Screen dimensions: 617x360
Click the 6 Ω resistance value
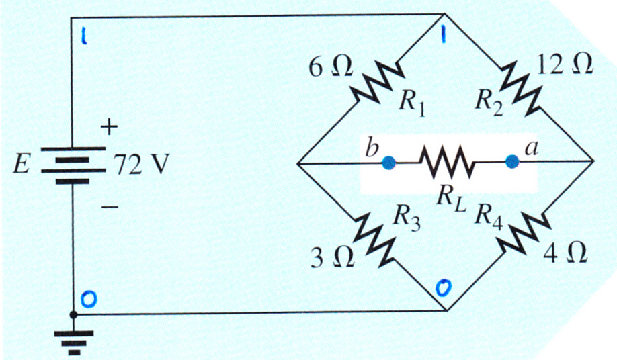click(331, 68)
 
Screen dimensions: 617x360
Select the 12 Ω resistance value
click(563, 65)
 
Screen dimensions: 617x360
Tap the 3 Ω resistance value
click(332, 257)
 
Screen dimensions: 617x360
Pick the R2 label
click(489, 102)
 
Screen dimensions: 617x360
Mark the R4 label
click(489, 216)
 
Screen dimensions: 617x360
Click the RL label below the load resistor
click(452, 200)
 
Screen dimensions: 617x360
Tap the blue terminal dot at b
click(388, 163)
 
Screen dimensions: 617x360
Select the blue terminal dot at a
click(511, 161)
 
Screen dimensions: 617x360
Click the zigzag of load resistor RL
click(446, 162)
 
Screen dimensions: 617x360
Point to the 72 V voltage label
click(141, 165)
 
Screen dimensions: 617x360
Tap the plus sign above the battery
click(109, 128)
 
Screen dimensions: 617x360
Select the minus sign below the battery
click(109, 207)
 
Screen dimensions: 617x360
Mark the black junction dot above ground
click(73, 314)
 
